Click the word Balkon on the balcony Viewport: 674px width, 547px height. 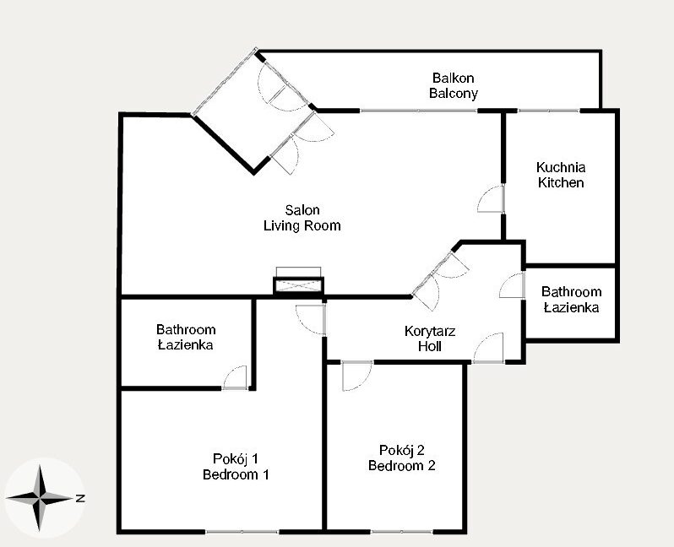tap(453, 79)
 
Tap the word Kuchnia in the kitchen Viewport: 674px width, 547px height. tap(561, 167)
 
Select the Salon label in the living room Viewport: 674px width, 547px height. tap(302, 210)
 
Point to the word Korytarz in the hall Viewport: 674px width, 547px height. tap(430, 331)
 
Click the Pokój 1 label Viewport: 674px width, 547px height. tap(236, 459)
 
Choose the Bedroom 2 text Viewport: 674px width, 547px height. tap(401, 466)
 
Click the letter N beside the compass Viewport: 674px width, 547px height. tap(80, 498)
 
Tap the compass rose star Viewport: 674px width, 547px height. tap(40, 498)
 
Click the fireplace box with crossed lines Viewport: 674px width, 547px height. tap(298, 286)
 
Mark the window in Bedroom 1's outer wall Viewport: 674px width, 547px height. tap(242, 532)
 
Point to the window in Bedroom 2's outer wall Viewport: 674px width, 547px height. tap(401, 532)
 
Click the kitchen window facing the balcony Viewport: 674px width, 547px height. tap(549, 111)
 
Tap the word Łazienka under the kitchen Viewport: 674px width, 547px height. tap(571, 307)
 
